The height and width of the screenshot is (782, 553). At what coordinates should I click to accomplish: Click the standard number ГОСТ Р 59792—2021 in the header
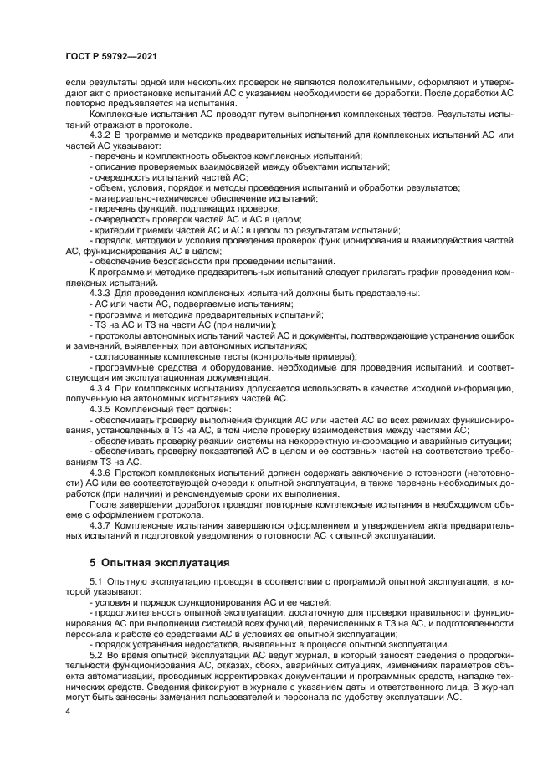[x=111, y=54]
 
